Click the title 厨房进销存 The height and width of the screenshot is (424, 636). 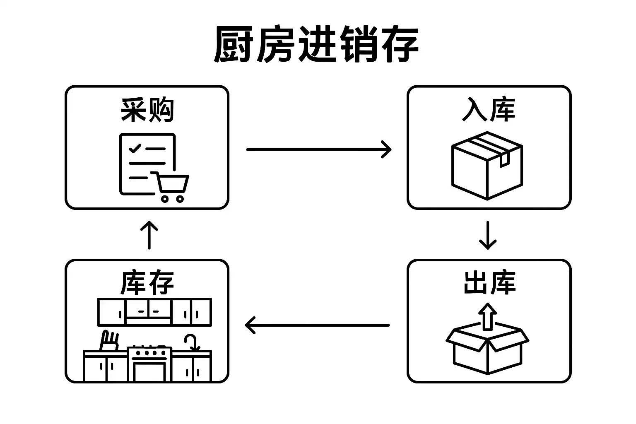(x=316, y=45)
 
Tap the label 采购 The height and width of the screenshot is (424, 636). (x=147, y=110)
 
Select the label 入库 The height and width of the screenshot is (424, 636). (x=489, y=110)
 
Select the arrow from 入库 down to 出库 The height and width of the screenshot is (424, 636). (x=487, y=235)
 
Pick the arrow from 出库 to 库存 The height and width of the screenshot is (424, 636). (x=317, y=325)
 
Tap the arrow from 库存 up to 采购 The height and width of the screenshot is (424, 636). (x=149, y=234)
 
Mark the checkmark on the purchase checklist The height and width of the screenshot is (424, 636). (x=135, y=148)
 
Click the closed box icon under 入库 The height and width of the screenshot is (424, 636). (x=487, y=166)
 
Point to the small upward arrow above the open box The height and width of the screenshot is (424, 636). (x=488, y=316)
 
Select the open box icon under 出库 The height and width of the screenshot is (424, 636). (x=487, y=348)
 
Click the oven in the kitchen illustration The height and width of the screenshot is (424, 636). (x=149, y=364)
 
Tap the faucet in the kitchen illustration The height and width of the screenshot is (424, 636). (x=191, y=342)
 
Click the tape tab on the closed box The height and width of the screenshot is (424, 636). (x=504, y=160)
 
